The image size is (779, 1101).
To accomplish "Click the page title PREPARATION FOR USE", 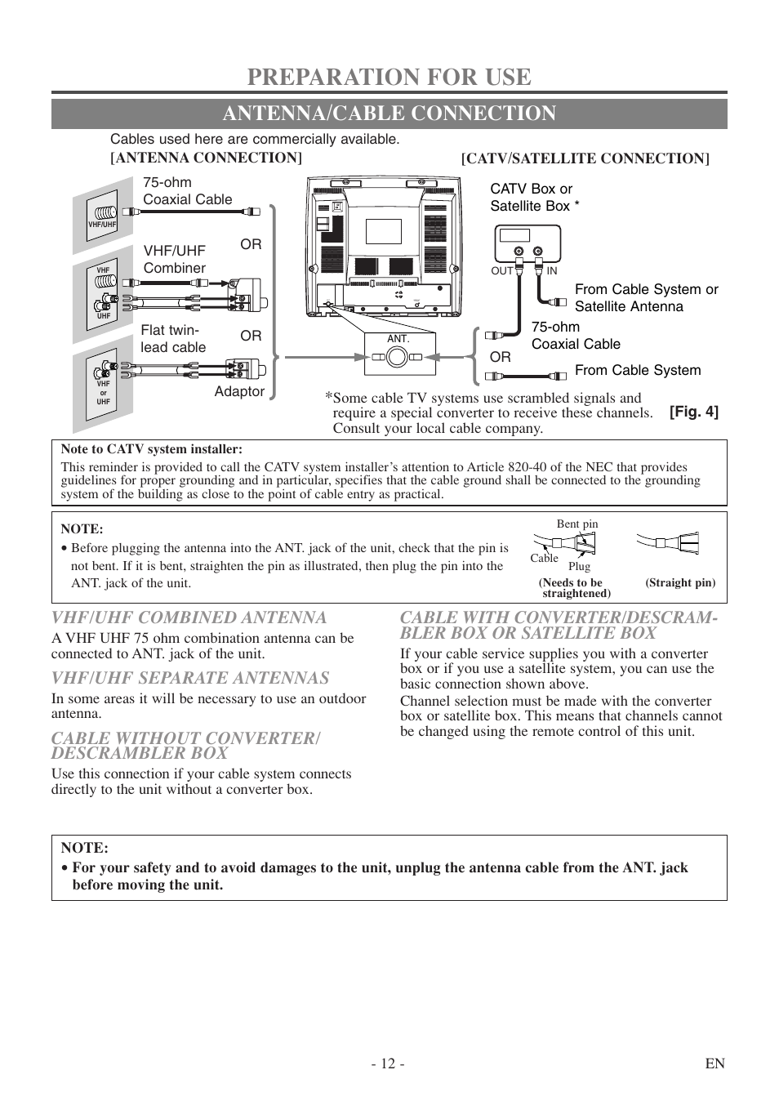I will (x=389, y=76).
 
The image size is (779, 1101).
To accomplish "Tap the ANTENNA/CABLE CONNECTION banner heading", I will (x=389, y=114).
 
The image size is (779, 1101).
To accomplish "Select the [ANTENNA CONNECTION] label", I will (x=206, y=157).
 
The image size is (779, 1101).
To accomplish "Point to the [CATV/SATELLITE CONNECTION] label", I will (x=585, y=158).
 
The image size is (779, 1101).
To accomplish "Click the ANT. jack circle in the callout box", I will (x=397, y=357).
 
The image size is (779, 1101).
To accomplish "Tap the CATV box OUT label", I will (x=501, y=270).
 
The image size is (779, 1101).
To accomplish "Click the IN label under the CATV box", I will (x=551, y=270).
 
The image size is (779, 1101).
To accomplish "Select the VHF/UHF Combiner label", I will (x=175, y=259).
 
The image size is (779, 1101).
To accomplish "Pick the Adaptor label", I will (x=239, y=391).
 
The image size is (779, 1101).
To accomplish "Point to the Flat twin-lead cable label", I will (x=173, y=338).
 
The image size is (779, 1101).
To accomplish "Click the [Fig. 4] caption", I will (x=694, y=412).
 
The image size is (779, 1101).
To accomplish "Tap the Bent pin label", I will (x=577, y=524).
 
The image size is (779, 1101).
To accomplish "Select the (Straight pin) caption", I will (x=680, y=583).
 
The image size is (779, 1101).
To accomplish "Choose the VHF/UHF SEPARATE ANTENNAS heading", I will (x=190, y=677).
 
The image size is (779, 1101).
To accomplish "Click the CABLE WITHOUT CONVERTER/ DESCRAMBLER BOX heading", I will (x=185, y=745).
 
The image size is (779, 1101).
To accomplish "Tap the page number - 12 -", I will (x=387, y=1063).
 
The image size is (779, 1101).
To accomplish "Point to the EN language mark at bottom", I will (x=715, y=1063).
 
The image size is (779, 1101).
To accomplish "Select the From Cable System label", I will (x=638, y=370).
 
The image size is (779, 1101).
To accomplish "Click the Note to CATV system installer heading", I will (x=152, y=449).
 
